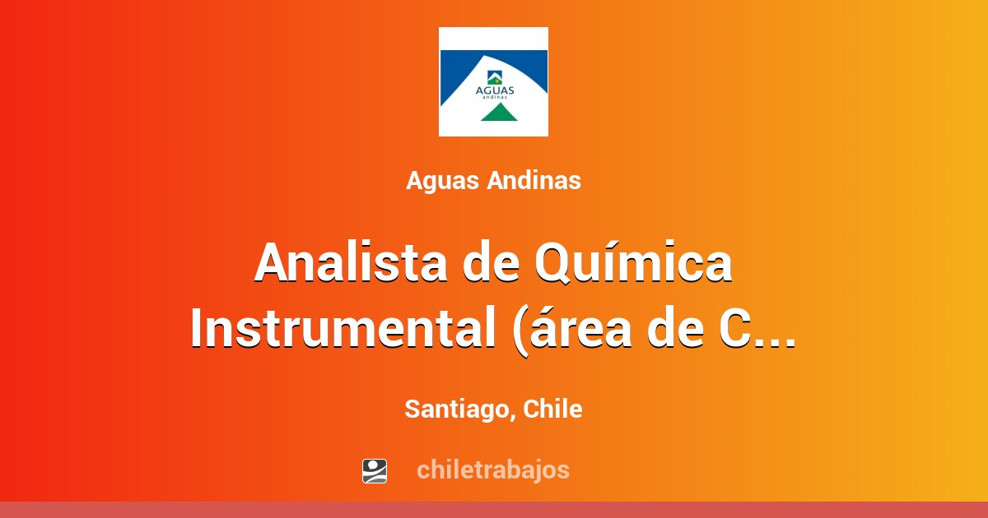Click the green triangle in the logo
(493, 113)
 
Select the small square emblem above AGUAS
(493, 77)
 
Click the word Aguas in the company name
(443, 181)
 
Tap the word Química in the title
(632, 263)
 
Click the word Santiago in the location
(455, 409)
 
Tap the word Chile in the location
(552, 409)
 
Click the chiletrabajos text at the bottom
(493, 469)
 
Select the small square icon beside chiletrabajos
(375, 470)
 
